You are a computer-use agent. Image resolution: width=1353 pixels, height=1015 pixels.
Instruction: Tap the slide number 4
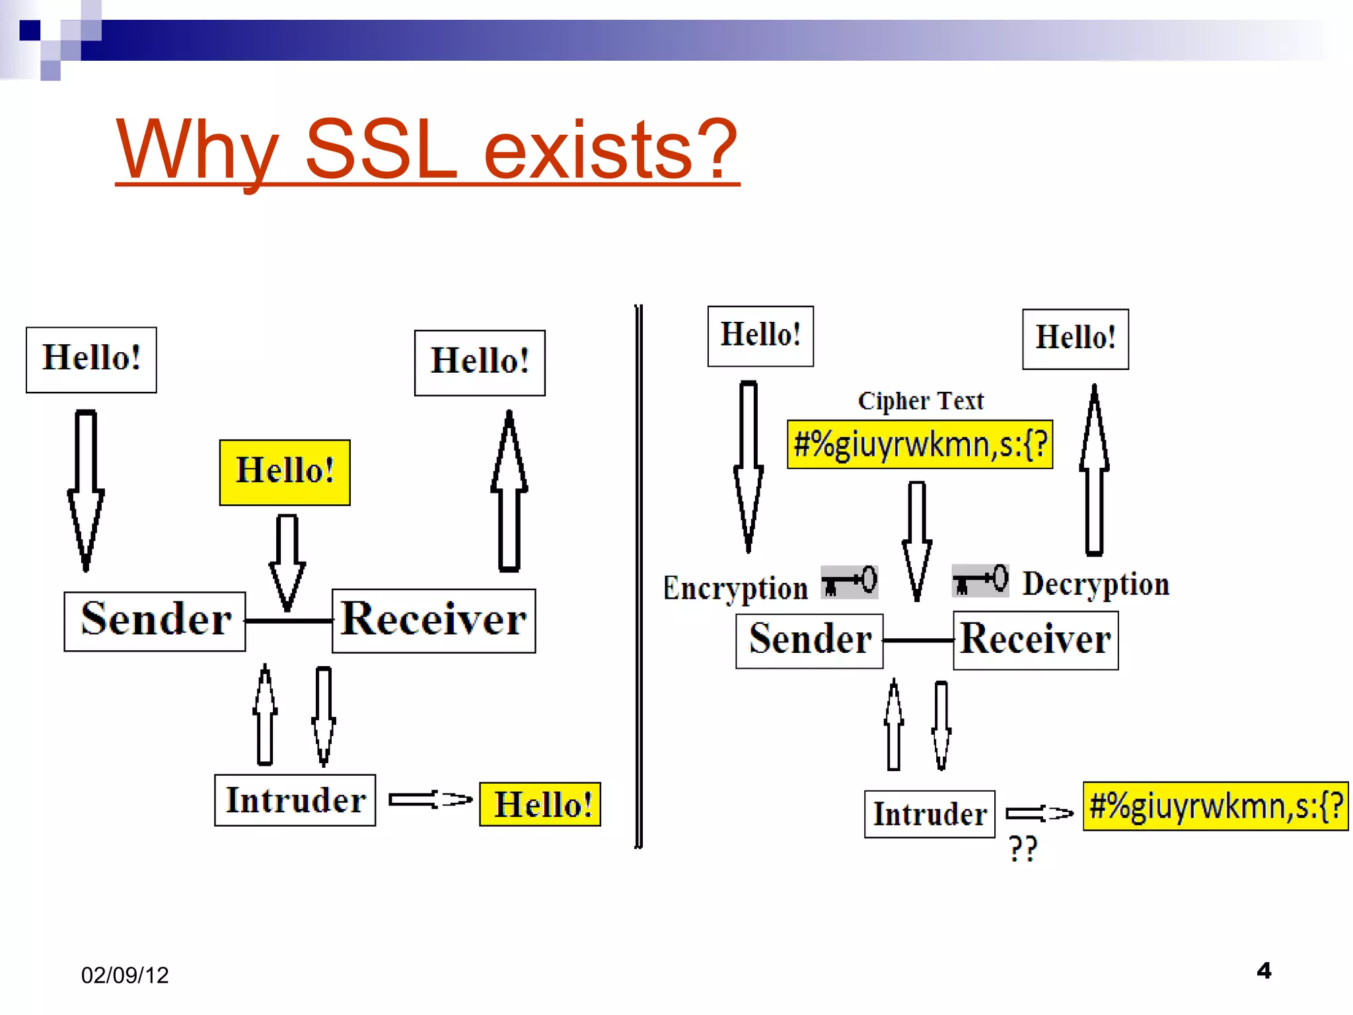pyautogui.click(x=1264, y=970)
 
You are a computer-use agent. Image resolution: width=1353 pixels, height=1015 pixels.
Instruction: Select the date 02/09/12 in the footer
pyautogui.click(x=125, y=975)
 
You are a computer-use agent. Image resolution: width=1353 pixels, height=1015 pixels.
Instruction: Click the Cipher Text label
pyautogui.click(x=920, y=400)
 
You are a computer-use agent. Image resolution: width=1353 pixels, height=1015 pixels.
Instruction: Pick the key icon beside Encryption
pyautogui.click(x=850, y=582)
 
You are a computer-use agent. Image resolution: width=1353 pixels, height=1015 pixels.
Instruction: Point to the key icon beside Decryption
pyautogui.click(x=980, y=580)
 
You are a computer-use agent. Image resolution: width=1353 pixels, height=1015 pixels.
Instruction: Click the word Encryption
pyautogui.click(x=735, y=587)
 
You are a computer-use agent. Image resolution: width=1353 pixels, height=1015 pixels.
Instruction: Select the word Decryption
pyautogui.click(x=1096, y=584)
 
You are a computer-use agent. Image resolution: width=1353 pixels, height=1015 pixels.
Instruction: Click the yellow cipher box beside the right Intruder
pyautogui.click(x=1215, y=806)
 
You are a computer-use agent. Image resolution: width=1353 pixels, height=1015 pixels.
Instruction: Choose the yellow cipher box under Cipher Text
pyautogui.click(x=920, y=445)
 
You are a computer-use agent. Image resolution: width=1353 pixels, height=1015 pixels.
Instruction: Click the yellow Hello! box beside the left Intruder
pyautogui.click(x=540, y=804)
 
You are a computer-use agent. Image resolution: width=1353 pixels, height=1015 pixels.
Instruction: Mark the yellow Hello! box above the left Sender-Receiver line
pyautogui.click(x=285, y=472)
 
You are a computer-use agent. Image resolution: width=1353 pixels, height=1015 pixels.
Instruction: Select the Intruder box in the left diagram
pyautogui.click(x=295, y=800)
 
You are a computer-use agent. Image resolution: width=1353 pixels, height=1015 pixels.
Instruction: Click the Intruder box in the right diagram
pyautogui.click(x=930, y=814)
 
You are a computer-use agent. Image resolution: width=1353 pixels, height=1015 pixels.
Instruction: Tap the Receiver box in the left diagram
pyautogui.click(x=433, y=620)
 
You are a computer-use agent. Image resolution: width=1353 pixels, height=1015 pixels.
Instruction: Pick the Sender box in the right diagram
pyautogui.click(x=809, y=640)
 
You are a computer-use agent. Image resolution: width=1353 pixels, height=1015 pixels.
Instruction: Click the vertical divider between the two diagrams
pyautogui.click(x=638, y=575)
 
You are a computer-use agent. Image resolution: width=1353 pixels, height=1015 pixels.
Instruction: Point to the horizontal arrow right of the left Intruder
pyautogui.click(x=430, y=800)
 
